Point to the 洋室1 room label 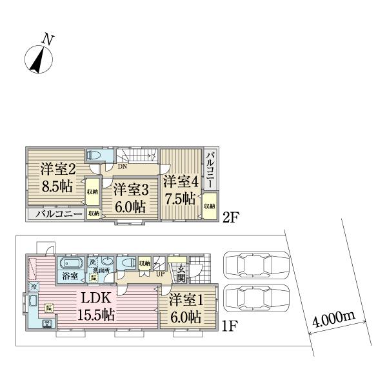[186, 301]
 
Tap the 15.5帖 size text [97, 315]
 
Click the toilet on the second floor [95, 157]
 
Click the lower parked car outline [256, 297]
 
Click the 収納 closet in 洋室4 [210, 206]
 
